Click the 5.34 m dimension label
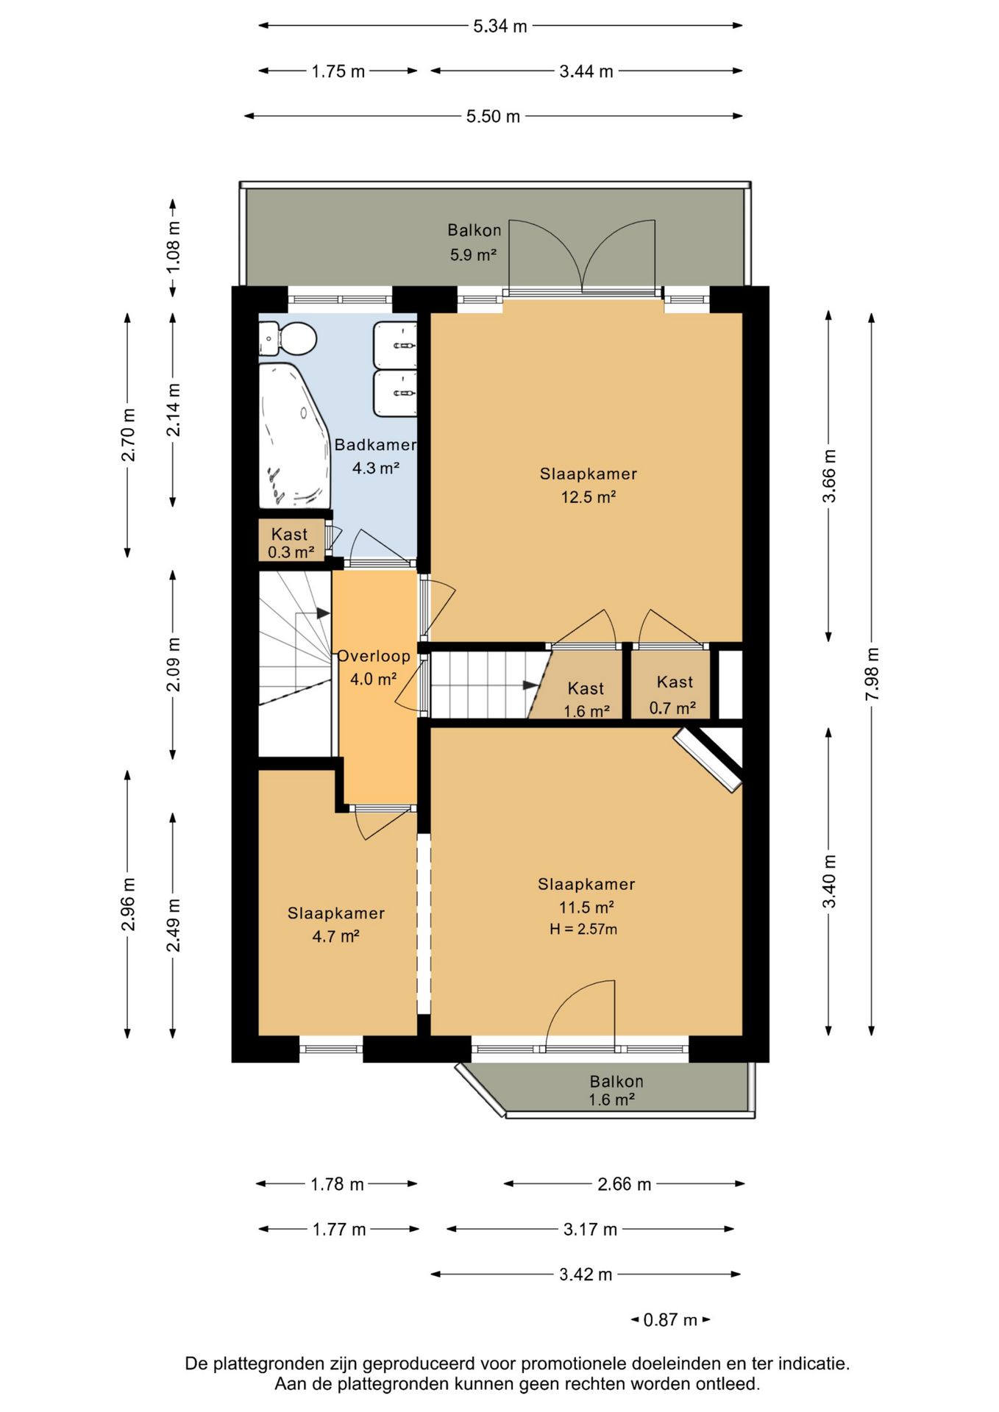click(500, 26)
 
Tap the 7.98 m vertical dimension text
click(872, 674)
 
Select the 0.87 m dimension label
click(670, 1319)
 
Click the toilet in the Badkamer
click(288, 339)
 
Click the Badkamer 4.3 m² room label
click(375, 456)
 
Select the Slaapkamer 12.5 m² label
click(589, 485)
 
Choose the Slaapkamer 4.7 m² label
click(336, 924)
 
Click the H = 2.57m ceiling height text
click(583, 929)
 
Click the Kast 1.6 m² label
click(586, 699)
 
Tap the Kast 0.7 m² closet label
click(673, 694)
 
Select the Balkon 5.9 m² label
click(474, 242)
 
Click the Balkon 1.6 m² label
click(615, 1090)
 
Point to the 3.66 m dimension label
click(829, 476)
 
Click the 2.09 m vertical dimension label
click(174, 664)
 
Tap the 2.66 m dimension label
click(624, 1184)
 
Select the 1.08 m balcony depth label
click(174, 247)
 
